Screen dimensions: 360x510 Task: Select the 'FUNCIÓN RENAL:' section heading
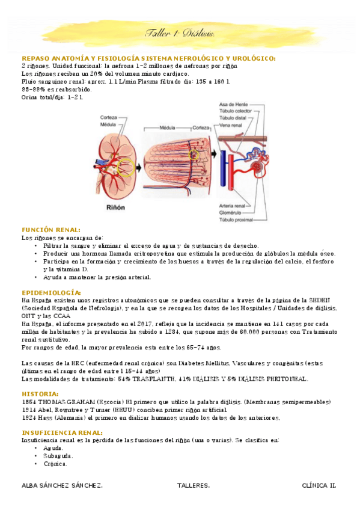pyautogui.click(x=50, y=230)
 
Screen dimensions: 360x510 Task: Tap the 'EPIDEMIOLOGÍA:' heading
pyautogui.click(x=51, y=292)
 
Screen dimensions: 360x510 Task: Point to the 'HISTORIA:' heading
pyautogui.click(x=40, y=394)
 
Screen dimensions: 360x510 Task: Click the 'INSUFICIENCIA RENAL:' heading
pyautogui.click(x=62, y=432)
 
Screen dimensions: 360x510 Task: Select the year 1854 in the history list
pyautogui.click(x=29, y=402)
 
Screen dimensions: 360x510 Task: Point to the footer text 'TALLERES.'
pyautogui.click(x=194, y=485)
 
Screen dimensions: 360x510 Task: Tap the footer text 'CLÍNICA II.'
pyautogui.click(x=319, y=485)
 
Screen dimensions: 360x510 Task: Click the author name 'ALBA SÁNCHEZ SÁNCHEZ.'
pyautogui.click(x=61, y=485)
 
